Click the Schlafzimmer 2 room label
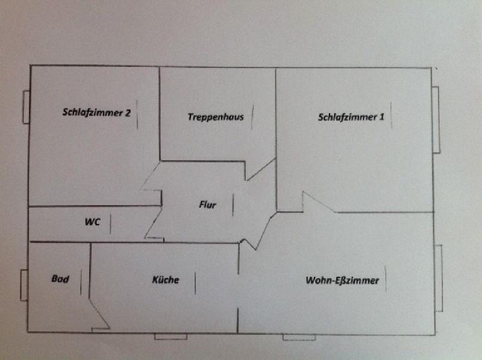96,112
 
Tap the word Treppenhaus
216,117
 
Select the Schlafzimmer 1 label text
351,117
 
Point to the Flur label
207,204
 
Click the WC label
93,222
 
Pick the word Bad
60,279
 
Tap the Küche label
166,280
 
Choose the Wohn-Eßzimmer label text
342,280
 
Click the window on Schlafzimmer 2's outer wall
26,107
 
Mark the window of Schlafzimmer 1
436,119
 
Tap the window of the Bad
24,285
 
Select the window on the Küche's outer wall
171,336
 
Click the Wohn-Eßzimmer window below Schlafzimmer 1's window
439,278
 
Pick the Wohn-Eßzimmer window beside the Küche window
299,337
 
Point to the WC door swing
153,224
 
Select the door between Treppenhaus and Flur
260,169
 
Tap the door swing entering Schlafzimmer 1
319,202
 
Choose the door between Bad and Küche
99,314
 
